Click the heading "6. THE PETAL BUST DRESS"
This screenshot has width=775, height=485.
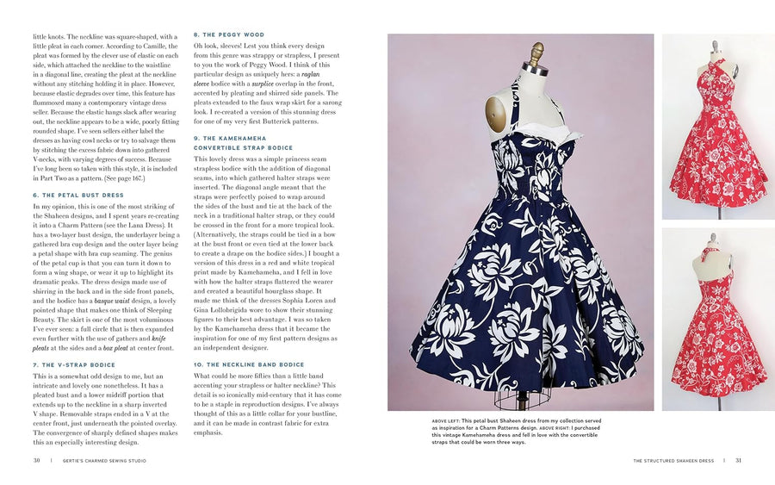[x=78, y=196]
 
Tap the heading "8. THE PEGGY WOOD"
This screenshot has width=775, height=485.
[x=228, y=35]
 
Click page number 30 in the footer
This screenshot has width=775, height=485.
[x=37, y=460]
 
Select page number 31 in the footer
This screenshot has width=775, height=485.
[x=738, y=460]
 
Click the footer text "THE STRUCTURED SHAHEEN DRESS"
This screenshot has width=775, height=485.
[x=674, y=460]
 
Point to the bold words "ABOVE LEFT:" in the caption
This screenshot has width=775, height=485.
[x=450, y=421]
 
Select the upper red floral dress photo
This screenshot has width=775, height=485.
[x=717, y=127]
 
